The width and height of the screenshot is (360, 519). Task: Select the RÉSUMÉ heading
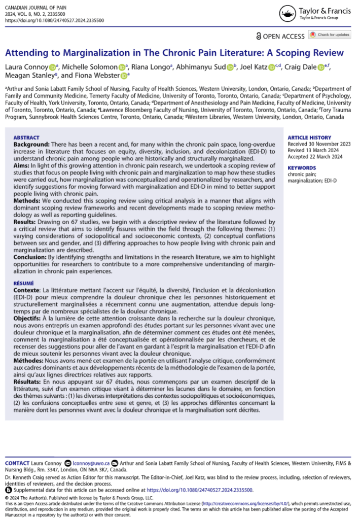[x=24, y=284]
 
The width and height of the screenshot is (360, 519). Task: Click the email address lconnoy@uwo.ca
[x=91, y=464]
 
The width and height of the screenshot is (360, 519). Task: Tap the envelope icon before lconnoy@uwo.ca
[x=68, y=464]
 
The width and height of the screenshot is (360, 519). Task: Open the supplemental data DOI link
[x=199, y=490]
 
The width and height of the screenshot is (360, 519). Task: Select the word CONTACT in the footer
[x=17, y=464]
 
